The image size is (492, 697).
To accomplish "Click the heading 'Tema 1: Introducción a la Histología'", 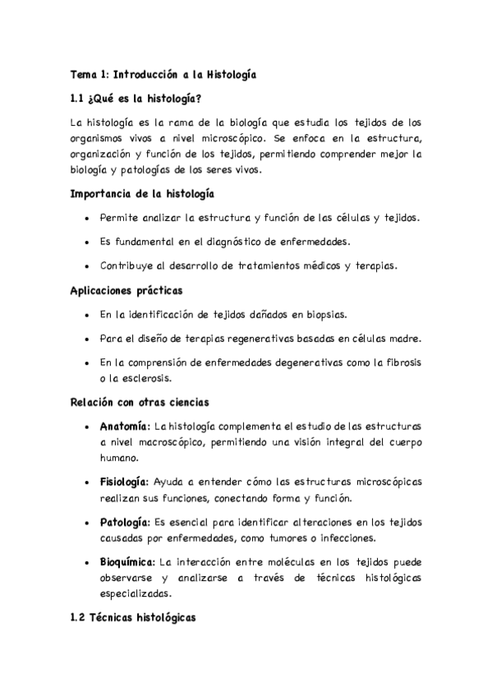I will pyautogui.click(x=163, y=75).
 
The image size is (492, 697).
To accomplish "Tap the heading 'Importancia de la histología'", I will pyautogui.click(x=143, y=194).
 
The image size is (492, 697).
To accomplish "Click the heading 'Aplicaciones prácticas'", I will pyautogui.click(x=126, y=290).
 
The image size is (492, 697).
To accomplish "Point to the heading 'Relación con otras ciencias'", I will pyautogui.click(x=140, y=403).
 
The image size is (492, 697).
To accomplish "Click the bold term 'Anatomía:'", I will pyautogui.click(x=125, y=427).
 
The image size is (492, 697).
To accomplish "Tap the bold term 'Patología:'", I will pyautogui.click(x=124, y=522).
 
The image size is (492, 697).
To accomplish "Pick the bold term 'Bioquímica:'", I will pyautogui.click(x=127, y=562).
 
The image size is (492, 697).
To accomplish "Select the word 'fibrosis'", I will pyautogui.click(x=400, y=362).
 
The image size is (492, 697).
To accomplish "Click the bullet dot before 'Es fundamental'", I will pyautogui.click(x=87, y=242).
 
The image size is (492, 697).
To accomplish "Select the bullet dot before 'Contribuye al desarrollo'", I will pyautogui.click(x=87, y=266).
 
